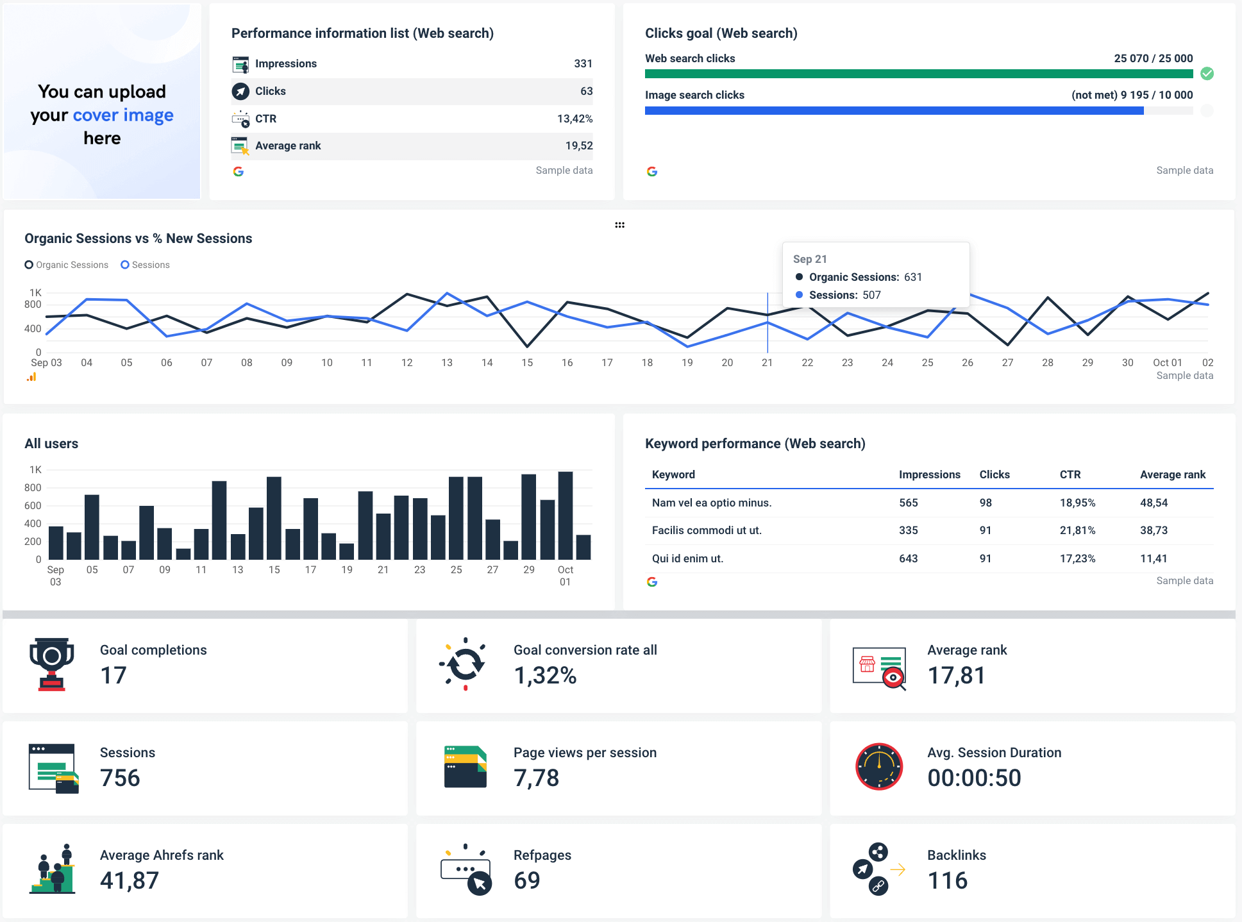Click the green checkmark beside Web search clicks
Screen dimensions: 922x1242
click(1207, 74)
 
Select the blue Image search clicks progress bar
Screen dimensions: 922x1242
click(894, 111)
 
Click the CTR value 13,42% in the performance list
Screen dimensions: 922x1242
click(575, 119)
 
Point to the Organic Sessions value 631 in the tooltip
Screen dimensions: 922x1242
click(912, 277)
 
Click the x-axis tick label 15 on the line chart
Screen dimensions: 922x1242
click(527, 363)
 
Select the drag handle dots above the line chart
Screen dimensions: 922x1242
click(619, 225)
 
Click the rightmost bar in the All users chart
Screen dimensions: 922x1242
click(583, 547)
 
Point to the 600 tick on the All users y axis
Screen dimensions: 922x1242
click(33, 505)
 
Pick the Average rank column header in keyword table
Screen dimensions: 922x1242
click(1172, 474)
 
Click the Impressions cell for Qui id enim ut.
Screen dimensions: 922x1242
click(908, 558)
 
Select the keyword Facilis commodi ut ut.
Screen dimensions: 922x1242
click(707, 530)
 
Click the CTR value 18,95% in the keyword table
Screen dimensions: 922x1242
click(1077, 503)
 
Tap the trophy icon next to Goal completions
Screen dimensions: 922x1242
click(52, 664)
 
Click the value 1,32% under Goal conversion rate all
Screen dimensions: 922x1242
click(545, 676)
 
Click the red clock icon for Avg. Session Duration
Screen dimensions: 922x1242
click(879, 767)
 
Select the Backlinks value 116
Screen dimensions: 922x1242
click(947, 881)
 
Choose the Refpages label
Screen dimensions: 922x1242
click(542, 855)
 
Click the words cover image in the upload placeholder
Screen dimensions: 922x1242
click(123, 115)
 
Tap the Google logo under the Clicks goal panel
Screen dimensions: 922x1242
click(652, 171)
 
